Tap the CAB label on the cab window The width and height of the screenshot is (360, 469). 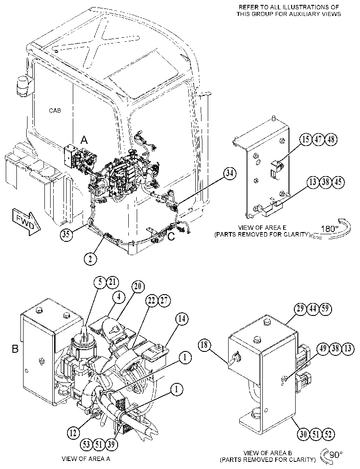point(55,110)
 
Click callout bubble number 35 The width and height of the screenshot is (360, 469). point(67,234)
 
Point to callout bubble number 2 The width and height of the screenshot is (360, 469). point(90,258)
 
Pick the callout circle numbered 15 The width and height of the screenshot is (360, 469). point(305,139)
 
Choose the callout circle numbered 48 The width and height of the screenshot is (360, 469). point(331,139)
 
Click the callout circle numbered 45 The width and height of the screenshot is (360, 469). point(338,182)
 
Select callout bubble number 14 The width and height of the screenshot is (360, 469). point(182,319)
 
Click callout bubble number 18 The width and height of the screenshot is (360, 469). point(204,345)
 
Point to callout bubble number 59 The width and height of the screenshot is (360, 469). point(325,308)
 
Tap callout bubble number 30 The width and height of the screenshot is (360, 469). point(304,434)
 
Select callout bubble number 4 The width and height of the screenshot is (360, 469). point(119,297)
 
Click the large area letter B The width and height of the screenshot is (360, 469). point(15,349)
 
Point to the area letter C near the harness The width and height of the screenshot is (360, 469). point(171,237)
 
